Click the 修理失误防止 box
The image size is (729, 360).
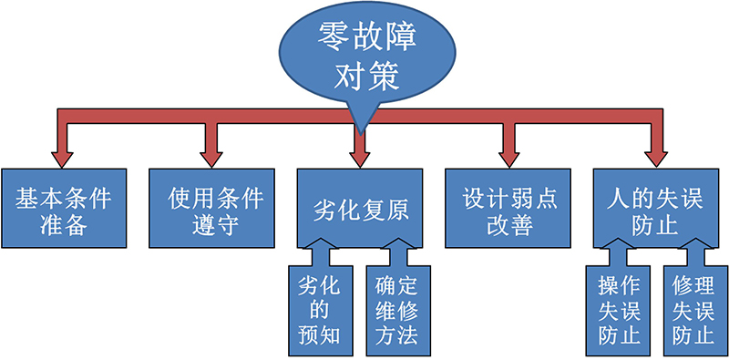point(693,310)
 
